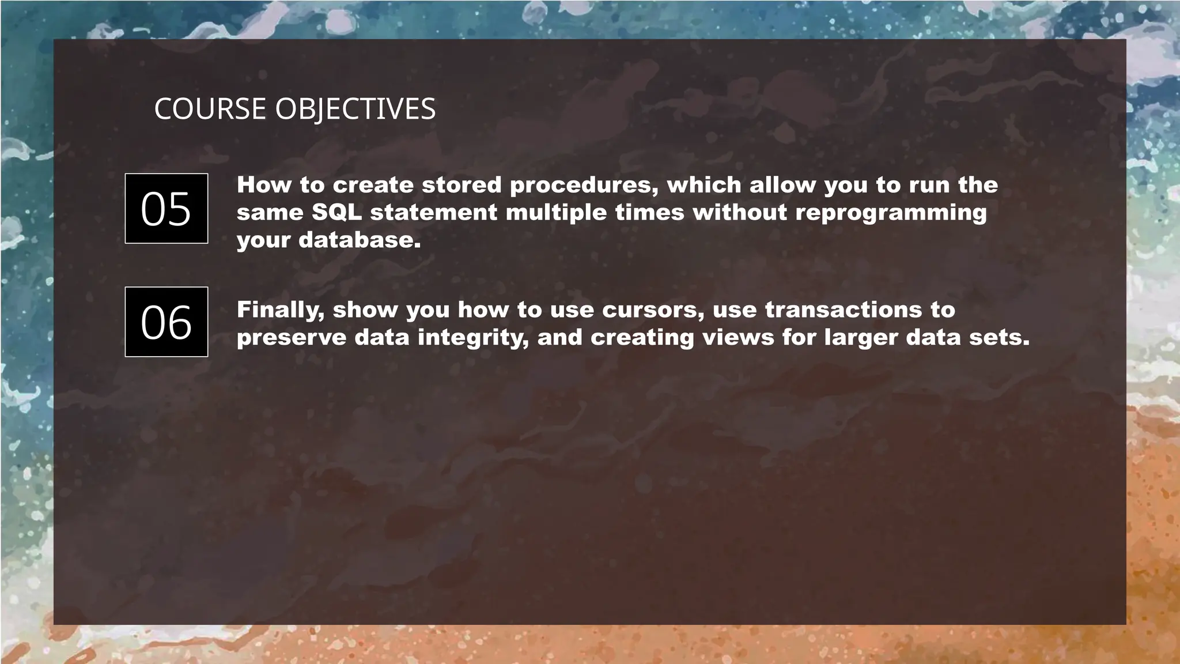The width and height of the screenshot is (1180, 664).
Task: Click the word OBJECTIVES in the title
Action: pos(355,109)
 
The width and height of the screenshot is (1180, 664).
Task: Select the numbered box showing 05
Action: pos(166,208)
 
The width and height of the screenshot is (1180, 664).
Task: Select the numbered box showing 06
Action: pos(166,322)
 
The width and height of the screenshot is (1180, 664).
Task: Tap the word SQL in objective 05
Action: pos(336,212)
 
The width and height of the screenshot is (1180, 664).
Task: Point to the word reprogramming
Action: pos(891,213)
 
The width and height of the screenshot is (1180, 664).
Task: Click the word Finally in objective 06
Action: pos(280,310)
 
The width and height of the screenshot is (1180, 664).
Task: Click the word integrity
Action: pos(473,338)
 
